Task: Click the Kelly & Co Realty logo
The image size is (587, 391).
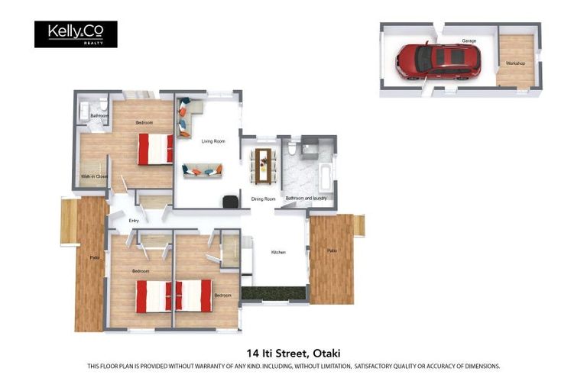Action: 76,34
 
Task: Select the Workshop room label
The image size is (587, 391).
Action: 515,63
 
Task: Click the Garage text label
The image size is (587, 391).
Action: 469,41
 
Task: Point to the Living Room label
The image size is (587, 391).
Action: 213,141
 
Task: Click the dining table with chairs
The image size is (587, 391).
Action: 264,164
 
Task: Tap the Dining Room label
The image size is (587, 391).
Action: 263,199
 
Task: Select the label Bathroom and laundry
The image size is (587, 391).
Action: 306,199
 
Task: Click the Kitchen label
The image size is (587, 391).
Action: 278,252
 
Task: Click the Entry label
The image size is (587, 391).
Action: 134,221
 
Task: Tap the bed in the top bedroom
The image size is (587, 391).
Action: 155,149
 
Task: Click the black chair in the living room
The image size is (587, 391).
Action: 229,201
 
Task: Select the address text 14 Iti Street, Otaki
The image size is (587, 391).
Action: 293,353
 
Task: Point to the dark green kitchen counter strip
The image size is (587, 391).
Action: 274,292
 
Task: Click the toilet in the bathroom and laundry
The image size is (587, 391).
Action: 292,147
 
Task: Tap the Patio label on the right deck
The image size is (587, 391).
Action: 332,250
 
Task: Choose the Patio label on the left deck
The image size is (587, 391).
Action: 94,257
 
